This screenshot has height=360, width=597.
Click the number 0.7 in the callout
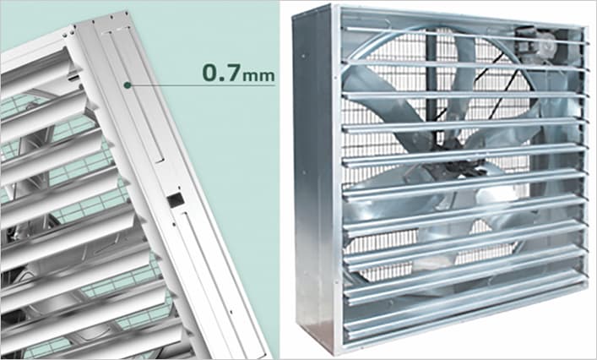coord(221,73)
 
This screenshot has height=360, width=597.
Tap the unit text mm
coord(258,75)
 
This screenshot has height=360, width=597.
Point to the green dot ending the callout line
coord(128,85)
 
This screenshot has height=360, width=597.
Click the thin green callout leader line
coord(201,85)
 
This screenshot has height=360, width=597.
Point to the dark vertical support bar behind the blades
coord(432,84)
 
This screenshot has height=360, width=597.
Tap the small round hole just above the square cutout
coord(178,188)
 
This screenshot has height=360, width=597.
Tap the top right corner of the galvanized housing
coord(586,27)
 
